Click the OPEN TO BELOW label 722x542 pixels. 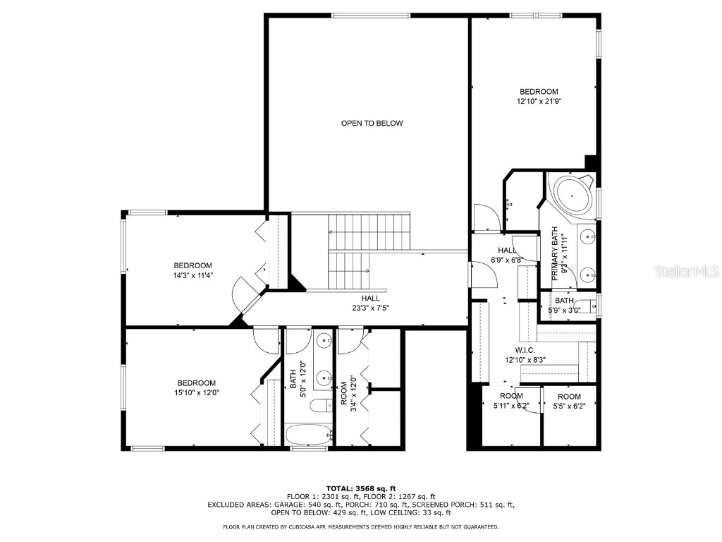tap(372, 123)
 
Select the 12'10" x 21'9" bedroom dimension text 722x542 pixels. tap(539, 102)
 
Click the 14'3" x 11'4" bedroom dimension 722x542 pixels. tap(192, 276)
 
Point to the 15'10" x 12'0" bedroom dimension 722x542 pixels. tap(196, 393)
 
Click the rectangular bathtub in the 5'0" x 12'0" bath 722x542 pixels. tap(309, 435)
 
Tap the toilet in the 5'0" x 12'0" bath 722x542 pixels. tap(321, 406)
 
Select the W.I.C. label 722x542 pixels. tap(525, 350)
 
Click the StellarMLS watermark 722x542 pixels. tap(687, 271)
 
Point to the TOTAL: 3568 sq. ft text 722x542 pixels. tap(361, 488)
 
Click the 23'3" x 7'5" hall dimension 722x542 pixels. tap(370, 308)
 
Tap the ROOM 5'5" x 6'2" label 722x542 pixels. tap(569, 401)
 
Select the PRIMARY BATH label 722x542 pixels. tap(554, 253)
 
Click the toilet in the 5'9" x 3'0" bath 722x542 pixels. tap(585, 306)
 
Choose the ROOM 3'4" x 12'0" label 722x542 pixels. tap(348, 392)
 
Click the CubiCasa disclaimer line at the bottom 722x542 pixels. tap(360, 526)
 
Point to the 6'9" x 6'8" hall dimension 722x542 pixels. tap(506, 260)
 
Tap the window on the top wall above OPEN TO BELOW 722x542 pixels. tap(371, 16)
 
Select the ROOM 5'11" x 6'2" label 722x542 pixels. tap(511, 401)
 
